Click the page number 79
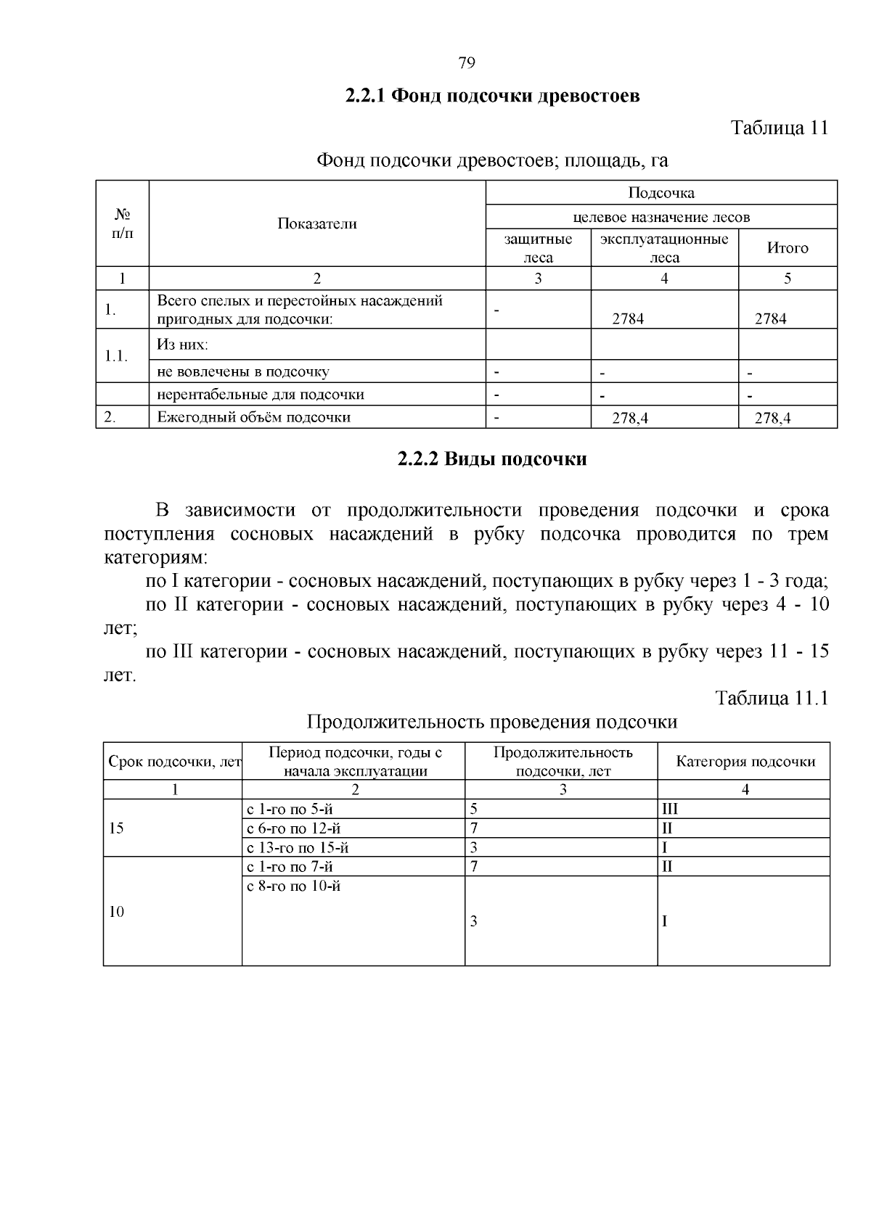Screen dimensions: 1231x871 (x=467, y=63)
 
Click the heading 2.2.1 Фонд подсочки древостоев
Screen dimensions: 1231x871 (x=491, y=96)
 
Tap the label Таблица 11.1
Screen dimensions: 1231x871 (x=771, y=698)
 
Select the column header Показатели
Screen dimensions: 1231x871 (x=316, y=223)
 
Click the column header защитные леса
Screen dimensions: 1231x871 (x=538, y=248)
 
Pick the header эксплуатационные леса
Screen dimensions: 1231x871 (x=664, y=248)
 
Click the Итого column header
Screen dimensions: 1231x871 (x=788, y=248)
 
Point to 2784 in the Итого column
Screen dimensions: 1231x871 (x=770, y=318)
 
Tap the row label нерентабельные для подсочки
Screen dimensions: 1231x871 (x=261, y=395)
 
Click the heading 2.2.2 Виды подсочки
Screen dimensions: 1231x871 (x=491, y=459)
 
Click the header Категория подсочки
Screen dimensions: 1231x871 (x=745, y=762)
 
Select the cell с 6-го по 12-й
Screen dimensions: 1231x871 (x=294, y=828)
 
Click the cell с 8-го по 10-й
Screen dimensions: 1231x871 (x=294, y=886)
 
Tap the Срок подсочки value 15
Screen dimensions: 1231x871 (x=116, y=828)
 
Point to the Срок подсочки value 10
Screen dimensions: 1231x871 (x=116, y=913)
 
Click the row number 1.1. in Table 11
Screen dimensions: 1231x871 (x=116, y=356)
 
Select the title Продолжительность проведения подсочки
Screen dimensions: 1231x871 (x=491, y=722)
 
